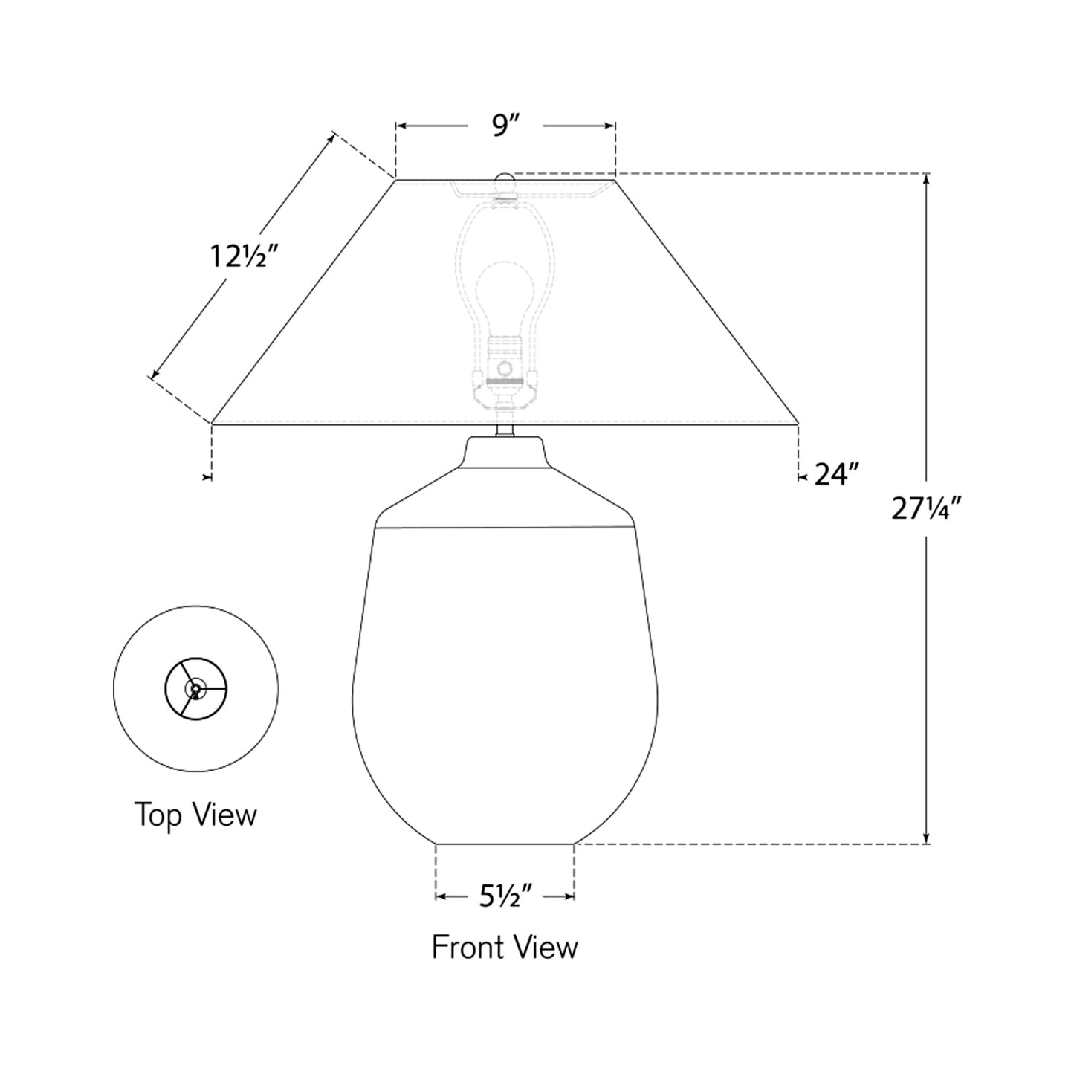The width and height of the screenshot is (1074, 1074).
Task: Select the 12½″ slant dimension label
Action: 244,258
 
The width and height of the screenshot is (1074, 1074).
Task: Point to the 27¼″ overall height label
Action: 926,508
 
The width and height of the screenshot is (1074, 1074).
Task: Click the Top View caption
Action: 195,815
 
